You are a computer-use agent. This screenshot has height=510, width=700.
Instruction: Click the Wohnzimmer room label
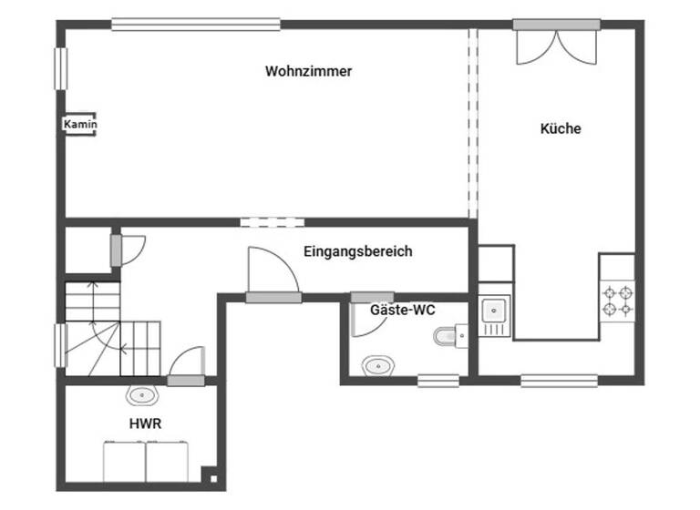(308, 71)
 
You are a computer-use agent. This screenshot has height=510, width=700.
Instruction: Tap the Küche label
(561, 129)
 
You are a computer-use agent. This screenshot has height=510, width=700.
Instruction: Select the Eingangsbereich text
(357, 251)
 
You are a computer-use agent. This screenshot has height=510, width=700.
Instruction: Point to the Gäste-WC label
(402, 311)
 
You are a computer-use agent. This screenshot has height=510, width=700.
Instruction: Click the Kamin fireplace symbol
(80, 125)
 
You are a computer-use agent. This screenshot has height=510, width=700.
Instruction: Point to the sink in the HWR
(141, 396)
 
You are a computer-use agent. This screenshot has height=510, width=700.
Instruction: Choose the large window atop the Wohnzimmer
(196, 25)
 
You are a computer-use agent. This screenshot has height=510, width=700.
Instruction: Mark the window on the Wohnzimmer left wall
(61, 68)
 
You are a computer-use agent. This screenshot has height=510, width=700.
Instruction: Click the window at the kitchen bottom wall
(559, 381)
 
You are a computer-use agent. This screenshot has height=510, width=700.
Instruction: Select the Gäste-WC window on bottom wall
(437, 381)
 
